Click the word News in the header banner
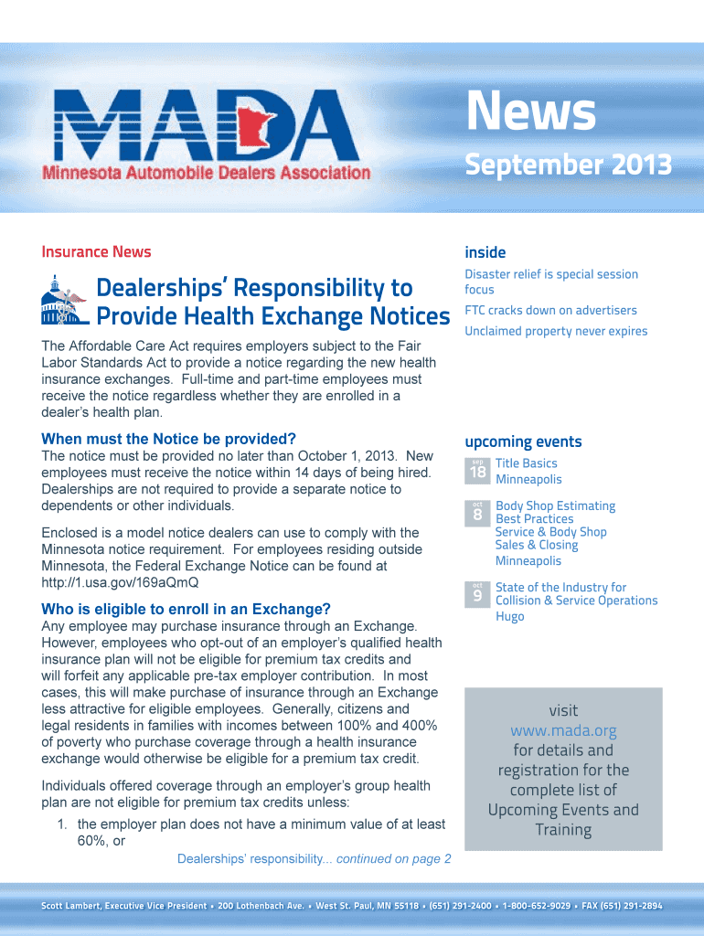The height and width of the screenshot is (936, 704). click(530, 114)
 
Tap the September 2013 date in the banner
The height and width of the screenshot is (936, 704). click(568, 165)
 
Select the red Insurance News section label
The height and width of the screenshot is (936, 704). click(96, 252)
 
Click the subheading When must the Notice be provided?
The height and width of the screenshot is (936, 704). click(169, 439)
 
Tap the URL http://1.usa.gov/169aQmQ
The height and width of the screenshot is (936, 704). click(120, 582)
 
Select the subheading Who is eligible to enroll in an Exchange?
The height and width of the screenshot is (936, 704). click(186, 609)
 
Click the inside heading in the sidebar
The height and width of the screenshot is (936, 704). click(485, 252)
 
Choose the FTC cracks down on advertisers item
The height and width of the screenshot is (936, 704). click(550, 310)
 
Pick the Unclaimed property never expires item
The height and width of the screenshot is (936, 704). click(556, 331)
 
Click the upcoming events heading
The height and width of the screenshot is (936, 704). click(523, 441)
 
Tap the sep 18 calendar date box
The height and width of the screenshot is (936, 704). click(477, 470)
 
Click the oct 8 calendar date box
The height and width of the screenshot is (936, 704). click(477, 513)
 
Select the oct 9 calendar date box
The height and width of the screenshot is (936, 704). click(477, 594)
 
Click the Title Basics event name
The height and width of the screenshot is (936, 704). click(526, 463)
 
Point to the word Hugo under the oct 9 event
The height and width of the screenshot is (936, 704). click(509, 617)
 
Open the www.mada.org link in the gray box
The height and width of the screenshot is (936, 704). click(563, 730)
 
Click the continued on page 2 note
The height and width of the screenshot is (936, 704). click(394, 858)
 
